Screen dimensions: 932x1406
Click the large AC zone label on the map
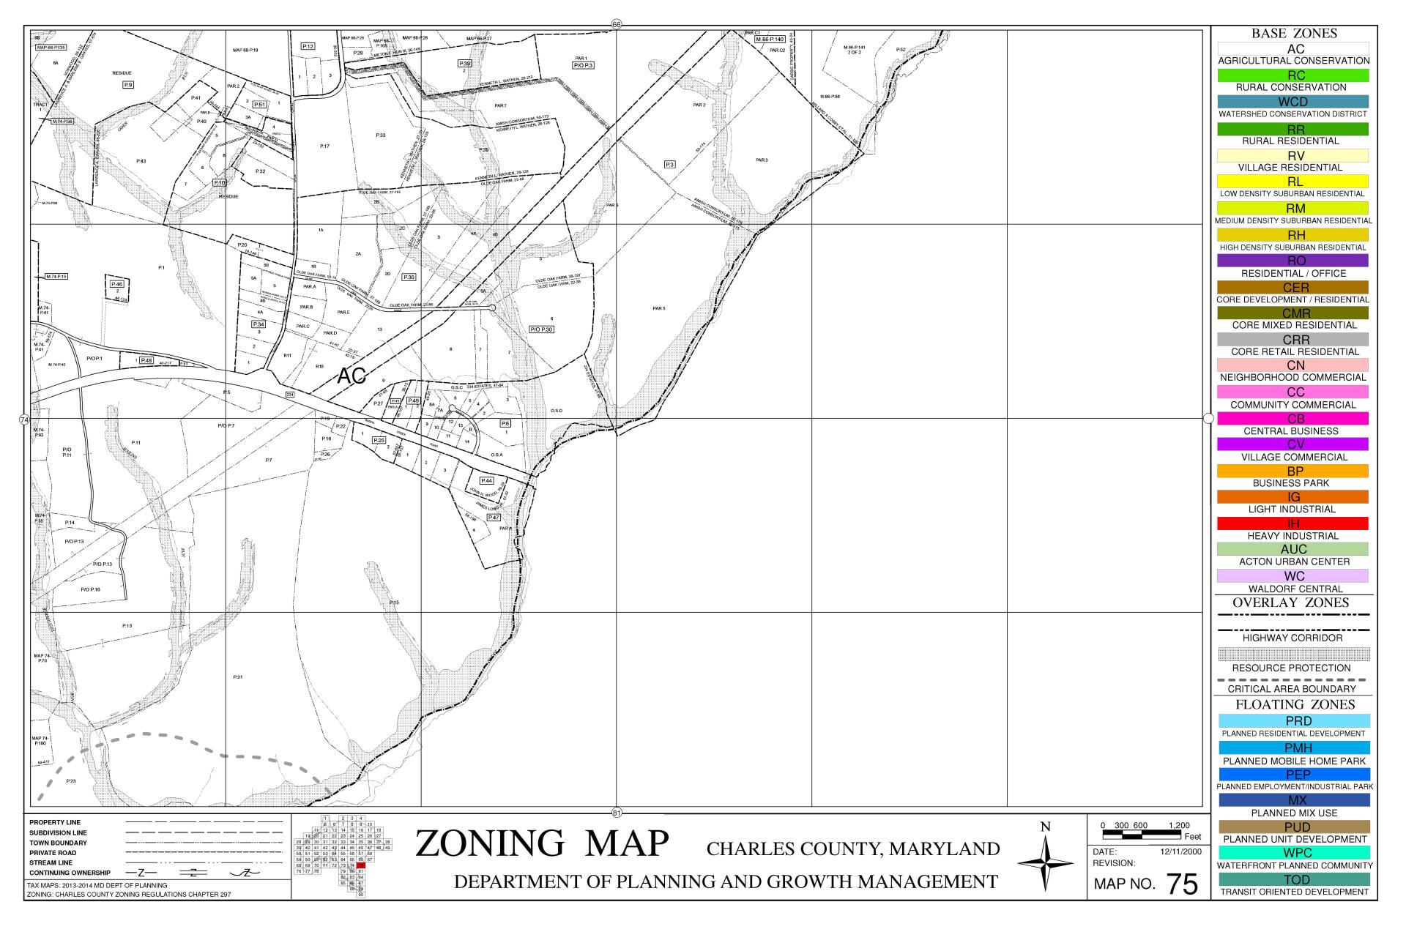351,376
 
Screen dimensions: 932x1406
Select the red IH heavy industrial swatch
1293,523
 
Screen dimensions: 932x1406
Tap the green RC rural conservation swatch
1293,75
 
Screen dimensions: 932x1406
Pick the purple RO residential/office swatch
1293,261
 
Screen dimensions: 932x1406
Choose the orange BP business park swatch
1293,471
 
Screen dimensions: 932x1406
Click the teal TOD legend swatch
1293,879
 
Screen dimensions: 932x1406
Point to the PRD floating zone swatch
1293,721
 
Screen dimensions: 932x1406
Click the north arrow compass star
1046,863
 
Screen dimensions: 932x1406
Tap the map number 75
1182,885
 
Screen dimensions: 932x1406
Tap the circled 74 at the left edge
24,420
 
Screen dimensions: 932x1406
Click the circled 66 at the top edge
616,25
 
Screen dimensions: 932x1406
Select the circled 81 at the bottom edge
616,812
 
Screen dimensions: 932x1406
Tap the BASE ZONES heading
1293,34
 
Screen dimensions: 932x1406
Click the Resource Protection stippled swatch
1293,654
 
